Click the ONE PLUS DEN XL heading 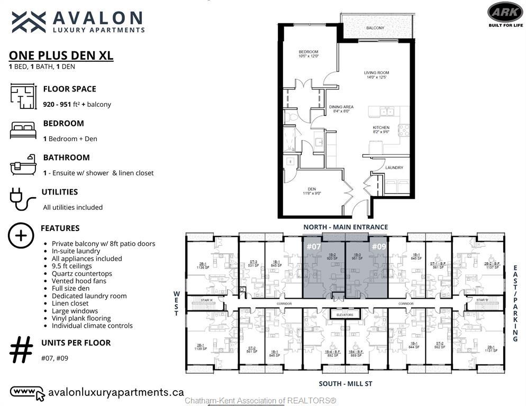61,56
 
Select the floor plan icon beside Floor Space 23,96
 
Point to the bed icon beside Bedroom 23,130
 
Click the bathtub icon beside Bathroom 23,164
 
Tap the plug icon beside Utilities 22,199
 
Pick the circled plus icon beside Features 21,235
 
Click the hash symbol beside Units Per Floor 21,350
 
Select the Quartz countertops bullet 81,274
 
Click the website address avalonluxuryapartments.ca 115,392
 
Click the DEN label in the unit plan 312,190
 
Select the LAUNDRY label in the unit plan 394,168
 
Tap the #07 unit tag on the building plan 314,246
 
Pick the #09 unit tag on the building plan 378,246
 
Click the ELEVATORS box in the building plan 345,315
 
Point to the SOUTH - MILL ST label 345,384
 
